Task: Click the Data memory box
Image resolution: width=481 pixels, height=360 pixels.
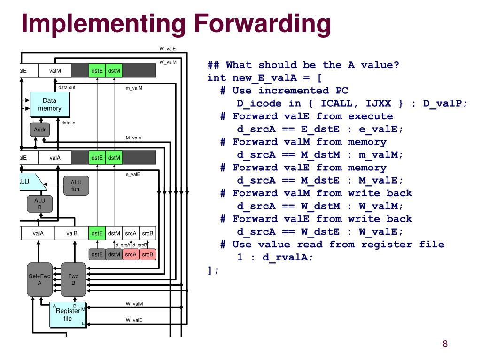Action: [x=49, y=105]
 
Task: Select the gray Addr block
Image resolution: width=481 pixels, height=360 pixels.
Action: [x=39, y=130]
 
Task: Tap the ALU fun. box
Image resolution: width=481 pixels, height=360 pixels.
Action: [x=76, y=185]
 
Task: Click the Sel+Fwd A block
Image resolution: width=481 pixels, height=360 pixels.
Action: [x=39, y=279]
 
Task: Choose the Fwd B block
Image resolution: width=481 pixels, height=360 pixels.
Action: [x=73, y=279]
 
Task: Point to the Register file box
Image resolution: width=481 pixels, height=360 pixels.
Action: [x=68, y=314]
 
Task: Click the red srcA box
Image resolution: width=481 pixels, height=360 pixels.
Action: [x=131, y=254]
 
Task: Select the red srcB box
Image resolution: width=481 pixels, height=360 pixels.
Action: [x=147, y=254]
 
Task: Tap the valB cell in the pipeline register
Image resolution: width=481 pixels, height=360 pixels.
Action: [x=71, y=233]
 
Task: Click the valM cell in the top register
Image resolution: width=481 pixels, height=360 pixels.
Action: [x=55, y=71]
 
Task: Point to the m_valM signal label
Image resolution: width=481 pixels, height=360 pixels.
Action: [x=134, y=88]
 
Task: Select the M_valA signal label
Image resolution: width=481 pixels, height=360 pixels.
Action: [x=133, y=138]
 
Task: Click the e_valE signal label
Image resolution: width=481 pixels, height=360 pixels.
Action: [x=133, y=174]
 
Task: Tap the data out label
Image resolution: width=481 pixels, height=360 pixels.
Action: [x=67, y=87]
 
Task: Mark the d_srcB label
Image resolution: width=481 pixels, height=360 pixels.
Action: [x=140, y=245]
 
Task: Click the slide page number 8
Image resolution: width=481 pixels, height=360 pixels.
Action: [x=445, y=344]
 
